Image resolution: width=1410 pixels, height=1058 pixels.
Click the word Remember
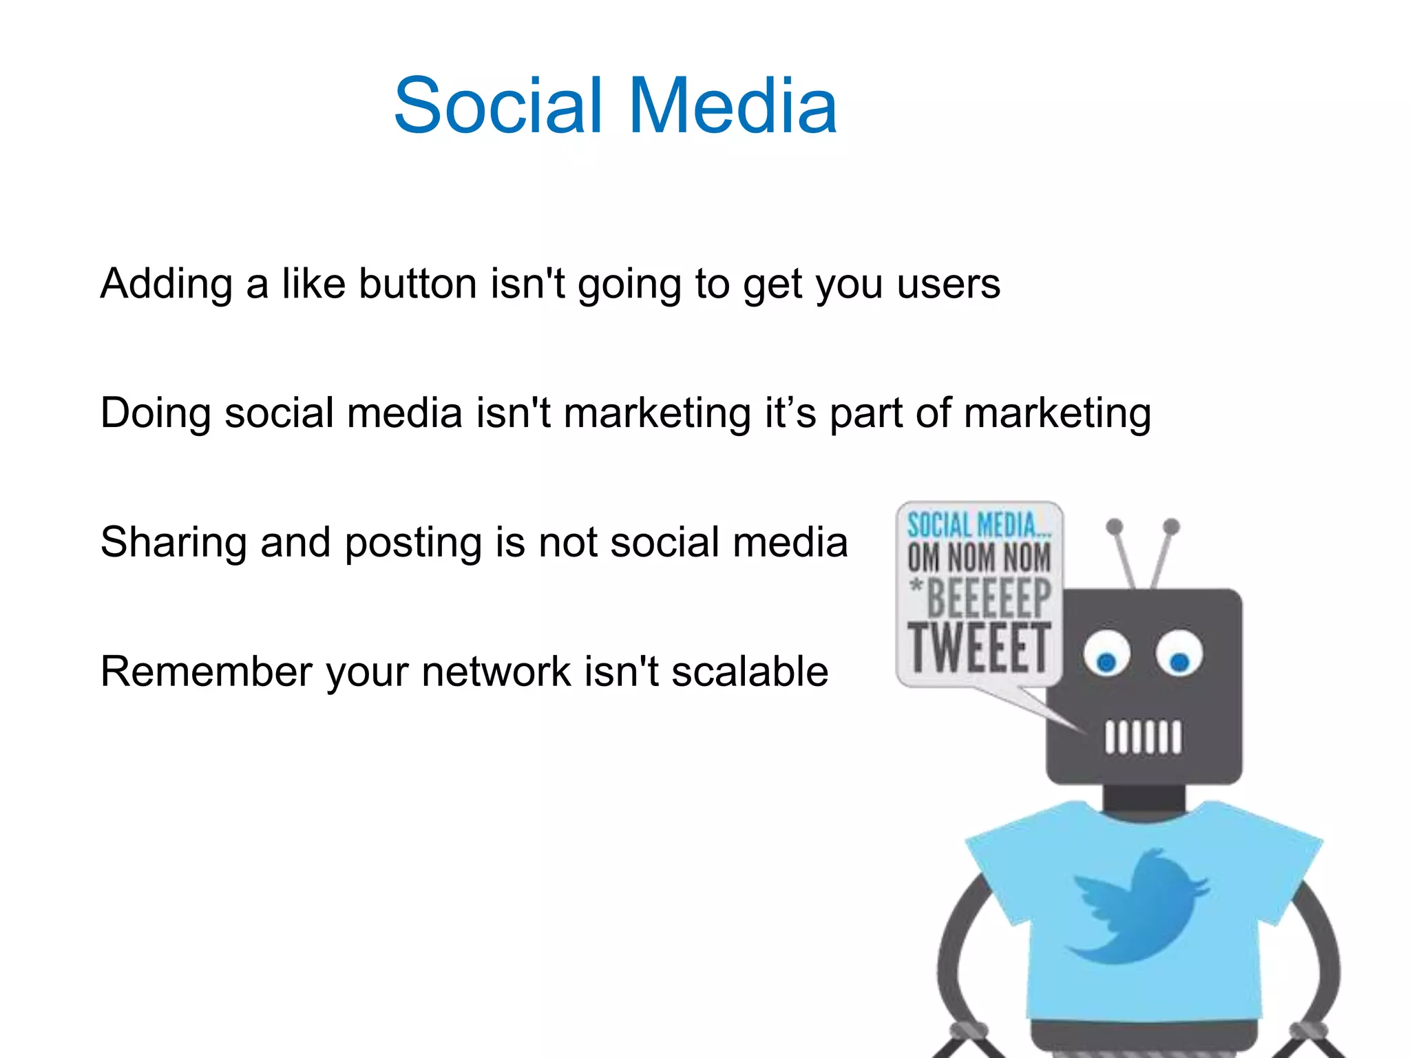pyautogui.click(x=207, y=672)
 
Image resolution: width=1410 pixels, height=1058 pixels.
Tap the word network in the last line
pyautogui.click(x=496, y=672)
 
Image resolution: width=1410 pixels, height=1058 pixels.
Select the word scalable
pyautogui.click(x=750, y=672)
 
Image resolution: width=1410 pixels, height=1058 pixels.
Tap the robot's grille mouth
pyautogui.click(x=1143, y=737)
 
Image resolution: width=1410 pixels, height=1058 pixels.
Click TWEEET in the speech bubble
pyautogui.click(x=979, y=647)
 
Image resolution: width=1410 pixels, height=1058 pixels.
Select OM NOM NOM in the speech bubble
pyautogui.click(x=979, y=557)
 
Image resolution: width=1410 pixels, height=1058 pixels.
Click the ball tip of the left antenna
pyautogui.click(x=1114, y=527)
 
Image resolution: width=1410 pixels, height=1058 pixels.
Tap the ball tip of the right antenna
pyautogui.click(x=1171, y=527)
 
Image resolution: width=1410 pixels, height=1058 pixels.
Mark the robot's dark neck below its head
pyautogui.click(x=1144, y=798)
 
